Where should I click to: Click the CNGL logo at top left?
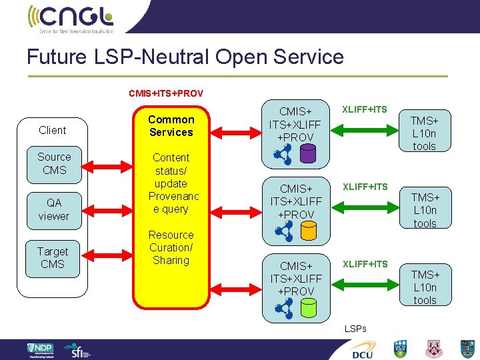(71, 18)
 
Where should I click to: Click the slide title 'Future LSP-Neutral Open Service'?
(185, 57)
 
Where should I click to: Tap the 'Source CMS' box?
(54, 163)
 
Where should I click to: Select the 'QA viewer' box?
(53, 209)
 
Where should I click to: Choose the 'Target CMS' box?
(53, 258)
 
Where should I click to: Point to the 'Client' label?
(53, 130)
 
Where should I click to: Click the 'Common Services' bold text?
(171, 126)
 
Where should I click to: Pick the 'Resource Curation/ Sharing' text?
(171, 247)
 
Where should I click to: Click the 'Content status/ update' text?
(171, 170)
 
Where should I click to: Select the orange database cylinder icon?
(308, 231)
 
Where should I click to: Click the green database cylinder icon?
(308, 307)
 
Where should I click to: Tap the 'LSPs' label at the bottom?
(355, 329)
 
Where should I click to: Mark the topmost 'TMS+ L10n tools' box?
(425, 133)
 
